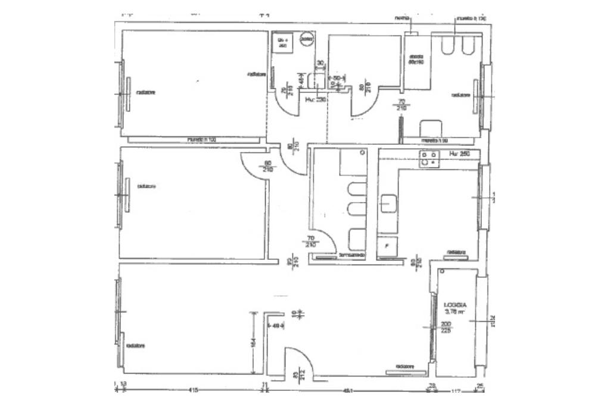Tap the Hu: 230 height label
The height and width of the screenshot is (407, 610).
[x=313, y=100]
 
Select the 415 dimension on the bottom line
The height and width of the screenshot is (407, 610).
[x=192, y=390]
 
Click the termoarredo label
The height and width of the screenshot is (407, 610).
[x=351, y=256]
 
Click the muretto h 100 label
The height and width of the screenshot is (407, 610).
[x=201, y=139]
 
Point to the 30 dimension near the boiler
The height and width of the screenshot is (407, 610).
[x=320, y=63]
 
